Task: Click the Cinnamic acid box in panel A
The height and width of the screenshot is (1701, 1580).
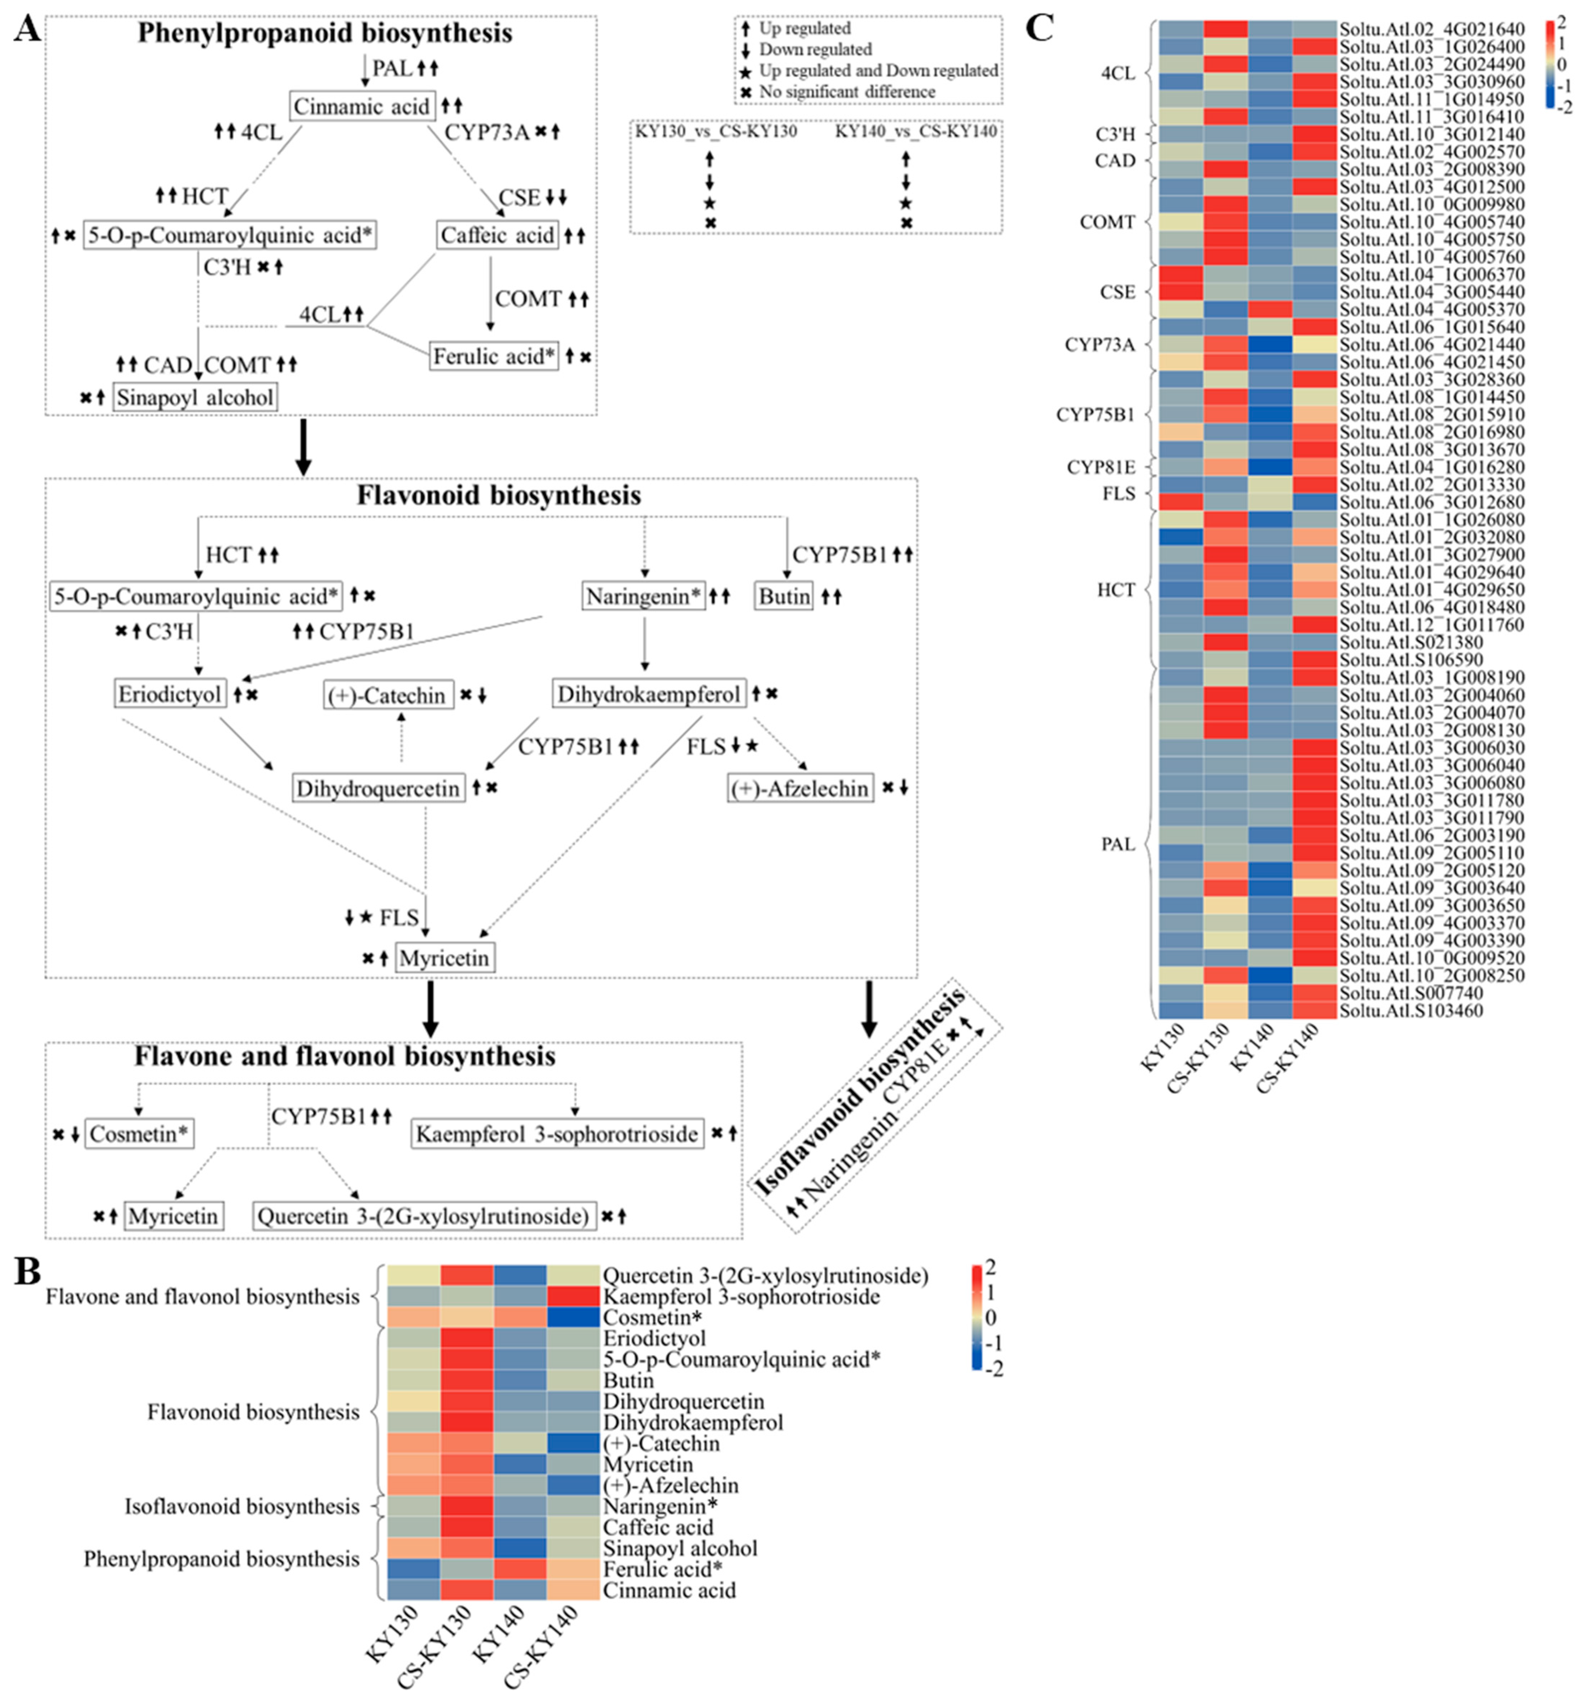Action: pyautogui.click(x=362, y=107)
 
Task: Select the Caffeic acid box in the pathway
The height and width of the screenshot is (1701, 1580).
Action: pyautogui.click(x=498, y=235)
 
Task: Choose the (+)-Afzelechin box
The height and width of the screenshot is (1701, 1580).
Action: pyautogui.click(x=800, y=788)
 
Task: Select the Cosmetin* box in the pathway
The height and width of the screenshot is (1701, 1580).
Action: pyautogui.click(x=139, y=1134)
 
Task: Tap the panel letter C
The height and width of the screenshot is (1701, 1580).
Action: pyautogui.click(x=1039, y=28)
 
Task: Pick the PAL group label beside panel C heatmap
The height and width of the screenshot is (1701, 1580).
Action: pyautogui.click(x=1117, y=844)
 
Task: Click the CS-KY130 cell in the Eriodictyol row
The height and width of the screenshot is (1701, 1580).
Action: pyautogui.click(x=467, y=1339)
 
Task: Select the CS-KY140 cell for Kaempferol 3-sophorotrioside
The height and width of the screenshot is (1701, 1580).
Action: pyautogui.click(x=574, y=1297)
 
